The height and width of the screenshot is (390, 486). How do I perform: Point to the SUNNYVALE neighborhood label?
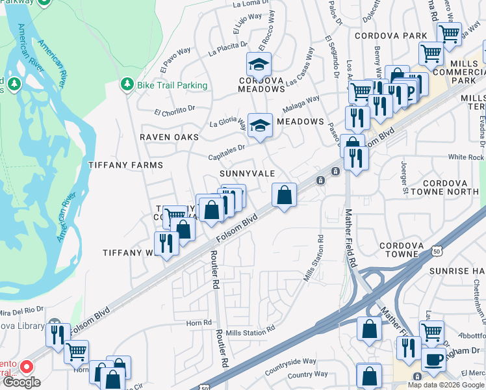tap(247, 174)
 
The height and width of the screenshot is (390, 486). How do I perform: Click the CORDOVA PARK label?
tap(390, 36)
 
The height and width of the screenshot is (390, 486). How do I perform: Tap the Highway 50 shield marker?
tap(437, 252)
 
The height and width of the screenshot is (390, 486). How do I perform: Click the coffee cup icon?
tap(433, 359)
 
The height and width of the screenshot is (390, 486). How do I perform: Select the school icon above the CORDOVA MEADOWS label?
tap(259, 64)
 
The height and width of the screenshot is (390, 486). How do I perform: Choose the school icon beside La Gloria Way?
tap(260, 124)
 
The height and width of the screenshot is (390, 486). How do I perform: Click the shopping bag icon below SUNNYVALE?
tap(284, 194)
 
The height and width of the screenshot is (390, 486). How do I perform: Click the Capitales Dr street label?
tap(226, 152)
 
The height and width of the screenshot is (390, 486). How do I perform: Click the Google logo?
tap(21, 382)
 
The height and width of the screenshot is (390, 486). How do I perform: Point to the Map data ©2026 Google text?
tap(446, 385)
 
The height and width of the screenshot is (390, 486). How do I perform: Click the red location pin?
tap(27, 367)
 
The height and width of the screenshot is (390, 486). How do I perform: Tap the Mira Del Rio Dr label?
tap(21, 310)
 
